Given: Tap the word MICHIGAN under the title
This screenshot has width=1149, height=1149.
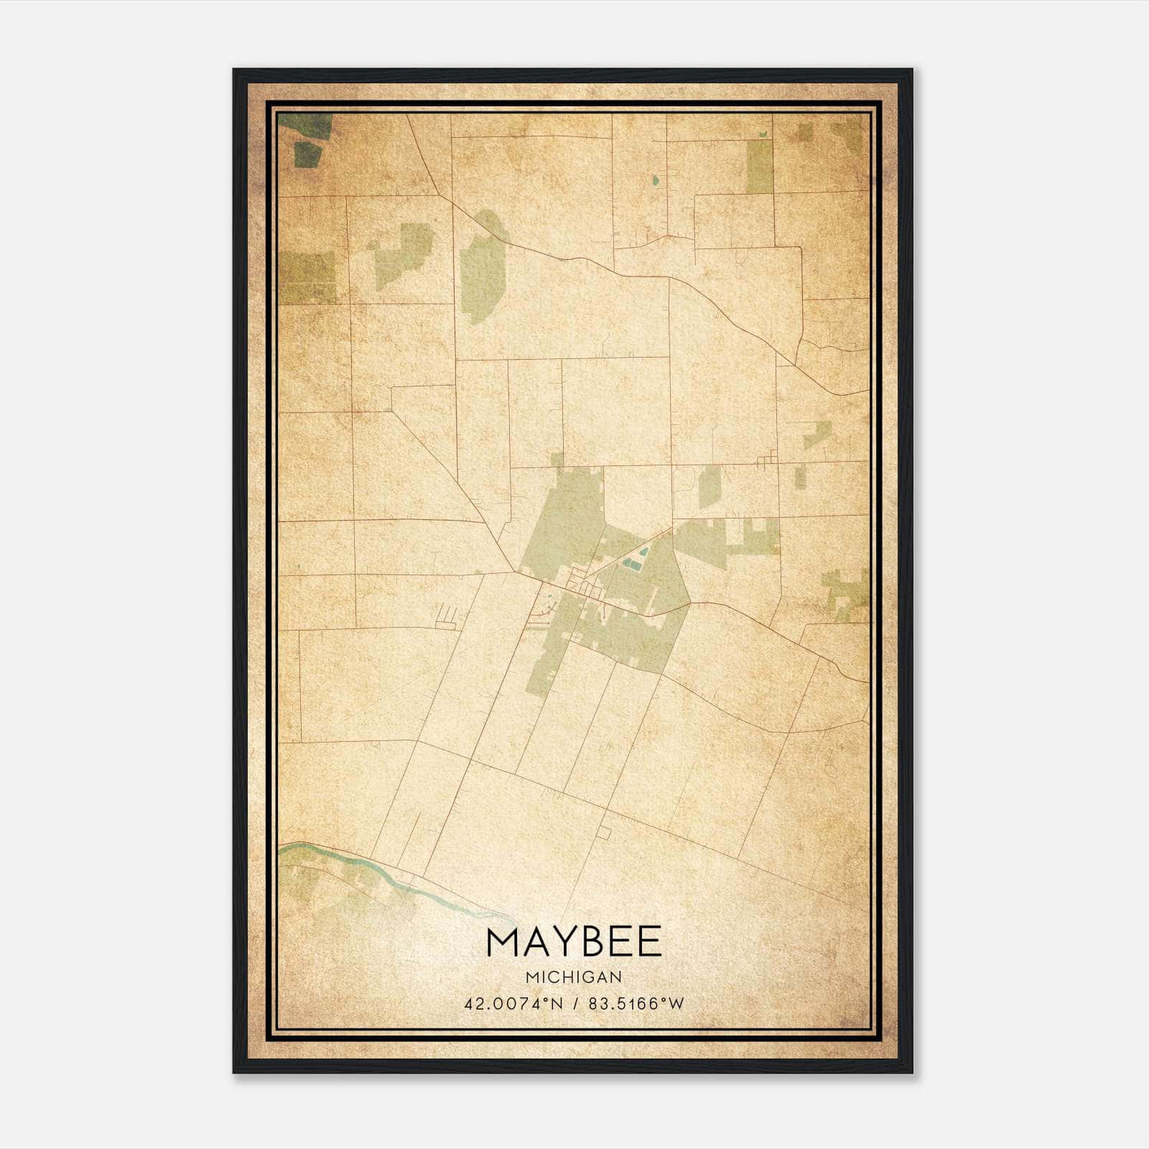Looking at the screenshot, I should (574, 977).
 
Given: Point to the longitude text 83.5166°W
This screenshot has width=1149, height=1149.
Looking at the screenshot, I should (636, 1003).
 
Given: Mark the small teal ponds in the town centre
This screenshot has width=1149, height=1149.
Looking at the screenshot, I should (636, 559).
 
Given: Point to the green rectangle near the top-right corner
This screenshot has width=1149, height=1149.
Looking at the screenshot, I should (759, 166).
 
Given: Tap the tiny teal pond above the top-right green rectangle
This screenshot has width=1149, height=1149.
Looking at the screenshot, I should (762, 134).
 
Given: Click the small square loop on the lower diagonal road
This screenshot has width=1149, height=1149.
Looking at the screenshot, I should (605, 833).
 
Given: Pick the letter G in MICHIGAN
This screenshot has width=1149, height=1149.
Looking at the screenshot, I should (588, 977).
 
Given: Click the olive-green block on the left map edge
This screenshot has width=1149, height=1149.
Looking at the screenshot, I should (307, 277).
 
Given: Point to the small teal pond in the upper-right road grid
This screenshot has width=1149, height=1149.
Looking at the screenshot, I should (656, 181).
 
